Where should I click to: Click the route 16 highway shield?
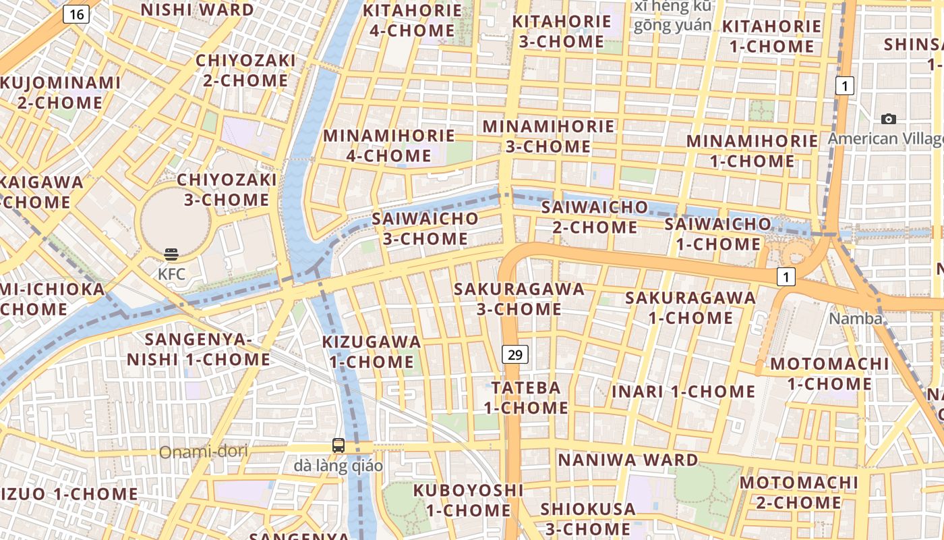pyautogui.click(x=76, y=14)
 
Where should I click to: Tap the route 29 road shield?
pyautogui.click(x=514, y=354)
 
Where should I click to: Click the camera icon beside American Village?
pyautogui.click(x=889, y=119)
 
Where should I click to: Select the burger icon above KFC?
pyautogui.click(x=171, y=254)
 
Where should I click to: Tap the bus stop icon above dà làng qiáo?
pyautogui.click(x=338, y=446)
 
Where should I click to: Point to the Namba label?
pyautogui.click(x=856, y=319)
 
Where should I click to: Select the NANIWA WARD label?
pyautogui.click(x=628, y=460)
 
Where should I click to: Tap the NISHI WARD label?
pyautogui.click(x=198, y=10)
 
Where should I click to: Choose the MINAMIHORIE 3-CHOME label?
pyautogui.click(x=548, y=136)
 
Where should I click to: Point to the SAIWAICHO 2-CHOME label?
pyautogui.click(x=595, y=217)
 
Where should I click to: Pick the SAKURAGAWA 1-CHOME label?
pyautogui.click(x=690, y=307)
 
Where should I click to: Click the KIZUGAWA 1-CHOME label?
pyautogui.click(x=372, y=352)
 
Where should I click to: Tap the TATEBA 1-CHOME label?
pyautogui.click(x=526, y=398)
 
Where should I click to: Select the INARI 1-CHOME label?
pyautogui.click(x=683, y=391)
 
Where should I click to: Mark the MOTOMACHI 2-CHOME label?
pyautogui.click(x=798, y=493)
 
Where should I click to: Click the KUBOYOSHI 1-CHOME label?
pyautogui.click(x=469, y=500)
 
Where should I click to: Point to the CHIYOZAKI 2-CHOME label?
pyautogui.click(x=245, y=70)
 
